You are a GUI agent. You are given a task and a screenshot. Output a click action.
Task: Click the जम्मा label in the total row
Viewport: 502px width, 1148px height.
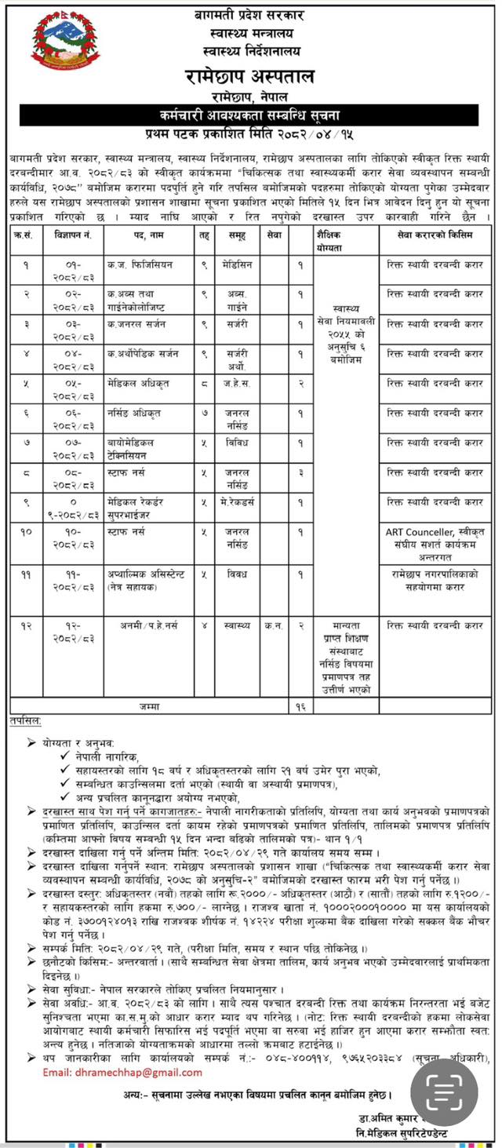[x=148, y=706]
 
